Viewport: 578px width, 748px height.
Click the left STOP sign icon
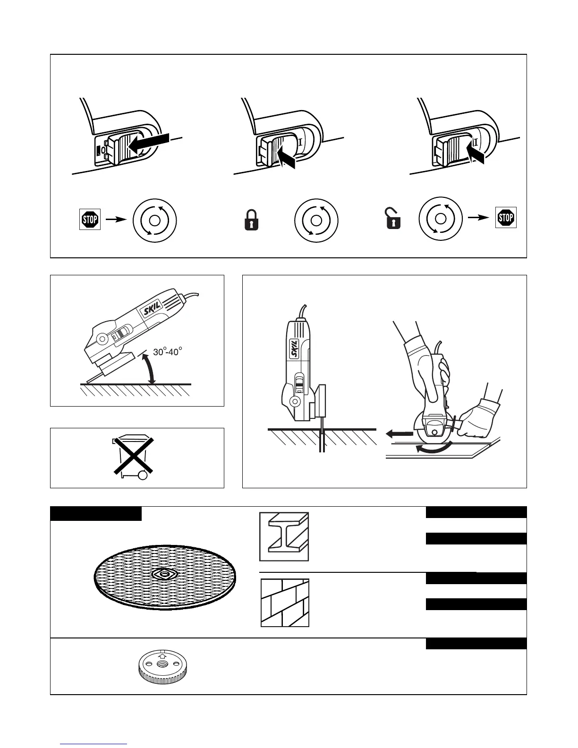click(x=90, y=220)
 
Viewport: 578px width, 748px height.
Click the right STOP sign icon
click(x=506, y=218)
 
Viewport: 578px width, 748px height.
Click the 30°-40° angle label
click(x=168, y=352)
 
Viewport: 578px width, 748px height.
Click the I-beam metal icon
click(x=284, y=536)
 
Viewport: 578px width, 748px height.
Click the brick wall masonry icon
click(x=285, y=603)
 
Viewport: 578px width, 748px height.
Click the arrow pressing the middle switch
click(x=287, y=158)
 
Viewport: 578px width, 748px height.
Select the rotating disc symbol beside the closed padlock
click(x=316, y=221)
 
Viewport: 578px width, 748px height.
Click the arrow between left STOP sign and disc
click(x=115, y=219)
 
